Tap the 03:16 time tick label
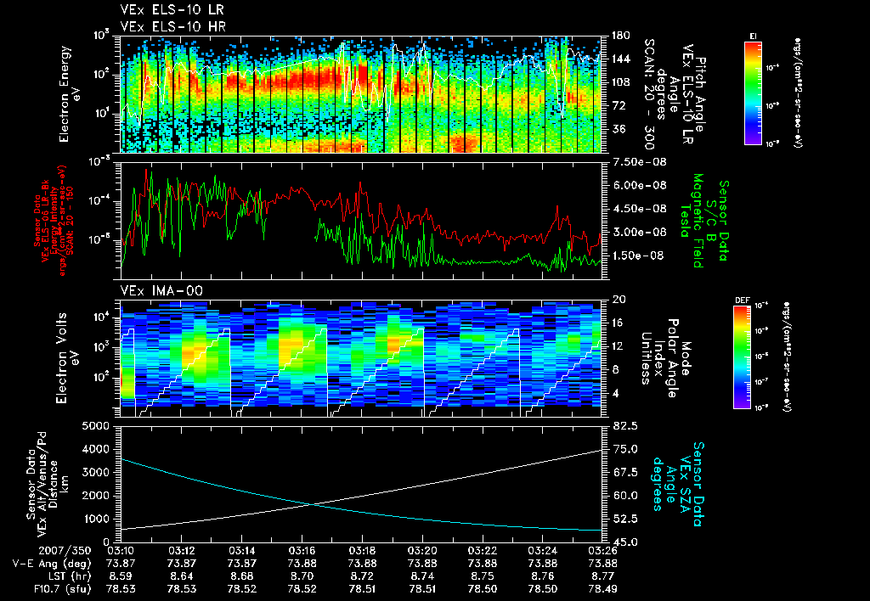[303, 550]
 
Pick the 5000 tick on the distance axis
[99, 424]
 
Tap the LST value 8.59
[122, 575]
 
